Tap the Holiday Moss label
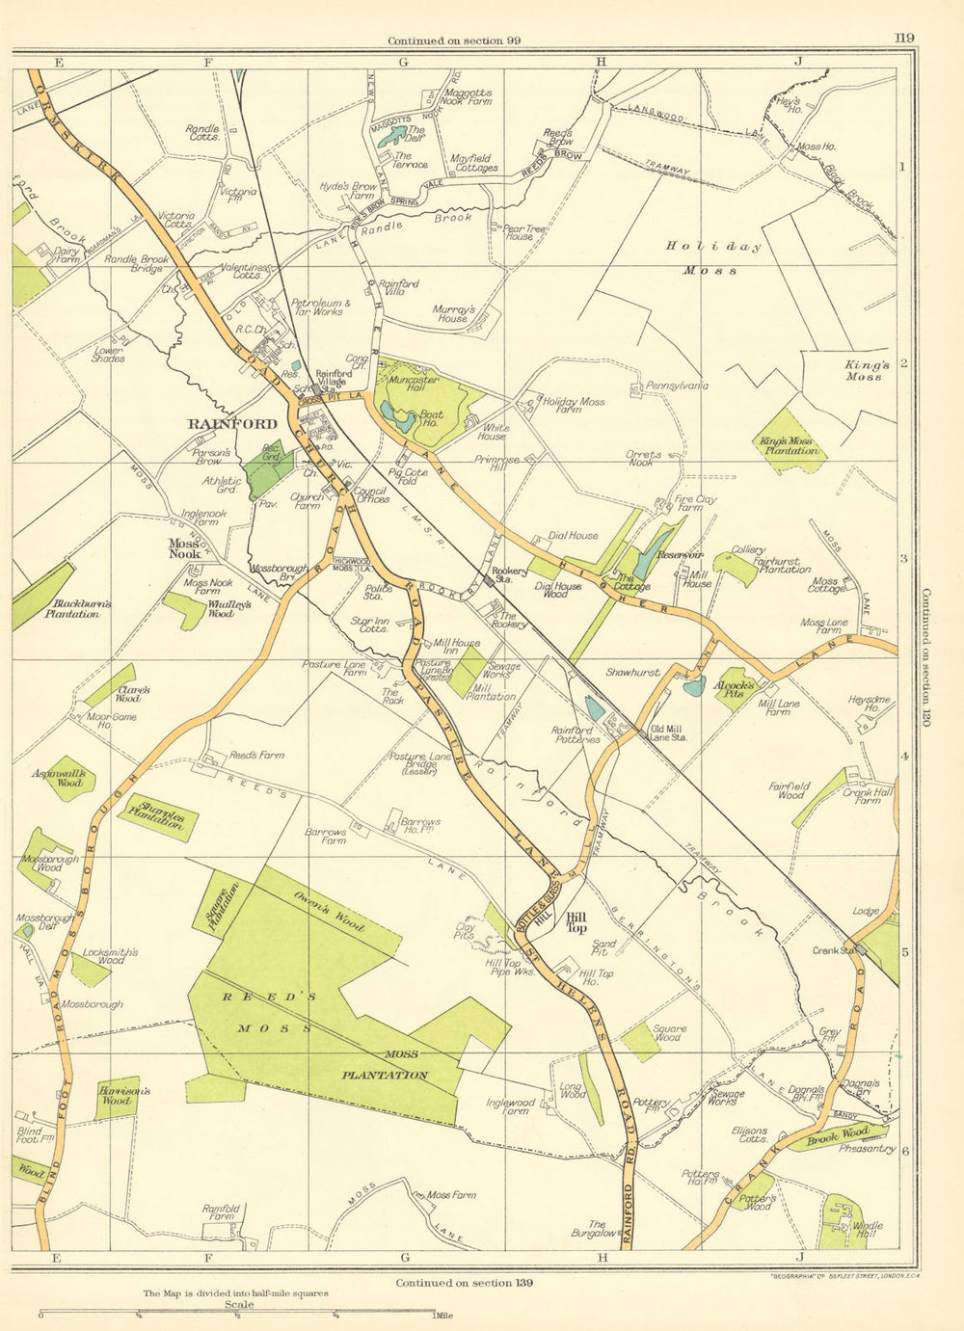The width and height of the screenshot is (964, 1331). click(x=712, y=258)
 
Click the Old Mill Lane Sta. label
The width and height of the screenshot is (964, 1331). click(x=668, y=732)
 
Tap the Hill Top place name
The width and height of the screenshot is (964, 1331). click(x=576, y=922)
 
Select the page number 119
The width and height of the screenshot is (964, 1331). click(x=903, y=39)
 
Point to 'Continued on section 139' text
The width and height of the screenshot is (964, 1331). click(x=464, y=1283)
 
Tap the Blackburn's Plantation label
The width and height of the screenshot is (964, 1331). click(x=78, y=609)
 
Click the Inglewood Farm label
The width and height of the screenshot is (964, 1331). click(x=509, y=1106)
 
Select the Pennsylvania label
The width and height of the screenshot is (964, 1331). click(x=676, y=386)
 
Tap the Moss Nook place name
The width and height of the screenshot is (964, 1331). click(x=184, y=548)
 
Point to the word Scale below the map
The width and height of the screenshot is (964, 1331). click(x=238, y=1305)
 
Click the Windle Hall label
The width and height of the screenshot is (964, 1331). click(x=868, y=1231)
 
